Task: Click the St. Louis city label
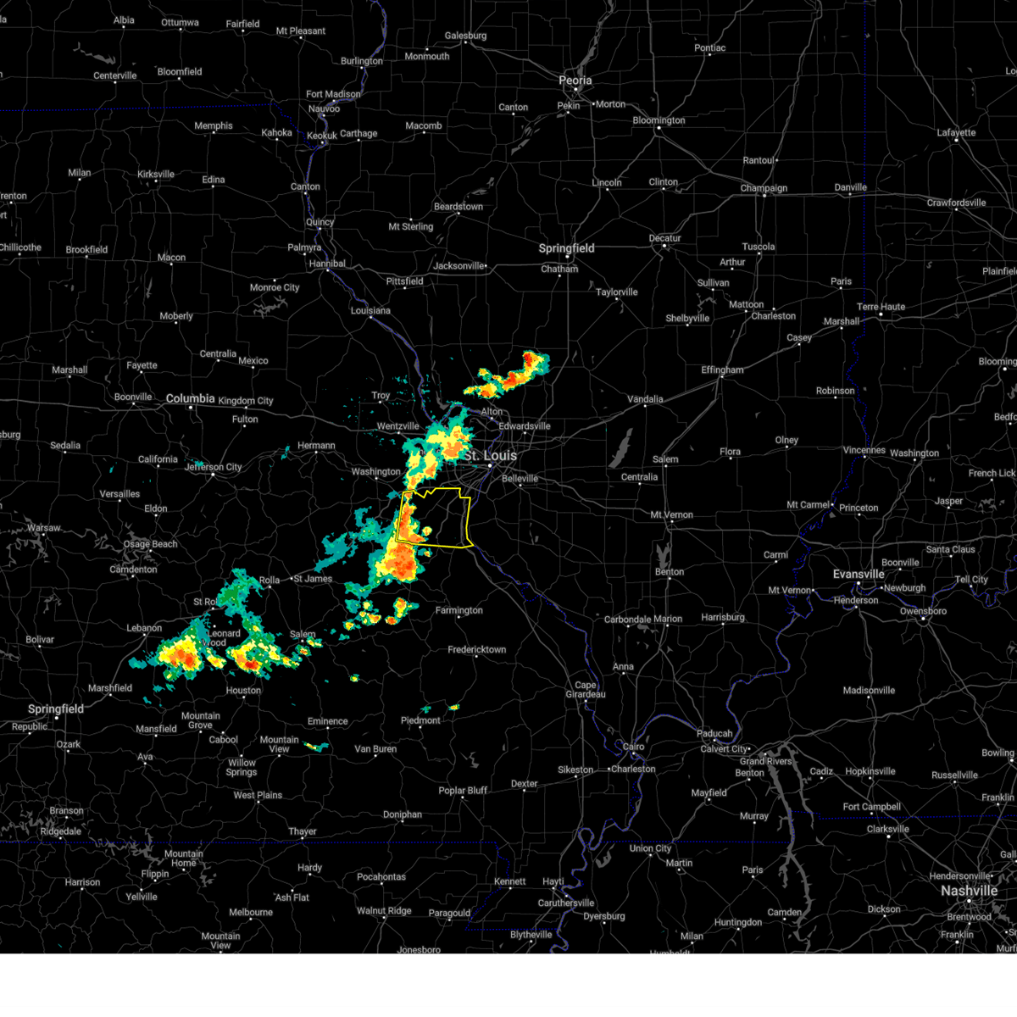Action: [x=490, y=455]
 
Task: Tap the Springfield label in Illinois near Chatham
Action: [x=567, y=248]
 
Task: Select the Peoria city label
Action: [x=575, y=81]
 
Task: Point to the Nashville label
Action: [x=969, y=891]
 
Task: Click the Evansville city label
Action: [x=859, y=574]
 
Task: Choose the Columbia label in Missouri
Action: [x=190, y=398]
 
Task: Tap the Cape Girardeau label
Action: [x=586, y=690]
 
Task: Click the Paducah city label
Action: [x=714, y=734]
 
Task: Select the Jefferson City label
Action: [x=214, y=467]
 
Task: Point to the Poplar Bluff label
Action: [x=463, y=791]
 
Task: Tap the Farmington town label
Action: [x=458, y=610]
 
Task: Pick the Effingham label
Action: [x=722, y=370]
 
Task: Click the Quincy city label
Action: [x=320, y=222]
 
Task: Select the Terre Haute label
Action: [x=881, y=307]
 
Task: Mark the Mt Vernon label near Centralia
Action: [x=671, y=514]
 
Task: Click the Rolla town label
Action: [x=270, y=581]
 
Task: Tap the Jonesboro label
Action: [x=419, y=950]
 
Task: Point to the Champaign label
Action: [x=764, y=188]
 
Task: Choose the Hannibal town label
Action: [x=327, y=264]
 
